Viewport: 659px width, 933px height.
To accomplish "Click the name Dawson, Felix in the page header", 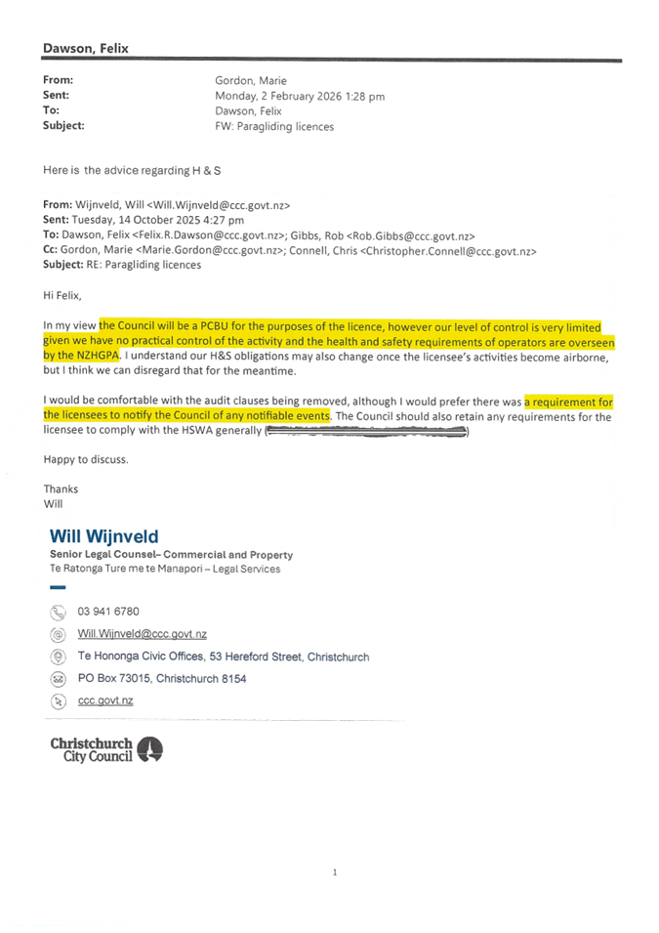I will pos(86,48).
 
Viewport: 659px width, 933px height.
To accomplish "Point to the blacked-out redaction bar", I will pos(365,431).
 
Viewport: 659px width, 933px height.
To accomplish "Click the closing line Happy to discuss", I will pos(86,458).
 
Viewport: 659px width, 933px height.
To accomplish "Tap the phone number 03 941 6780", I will pos(108,612).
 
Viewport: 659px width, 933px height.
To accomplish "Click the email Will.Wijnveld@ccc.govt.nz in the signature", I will pos(143,634).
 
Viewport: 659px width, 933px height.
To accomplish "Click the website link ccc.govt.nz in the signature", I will pos(105,700).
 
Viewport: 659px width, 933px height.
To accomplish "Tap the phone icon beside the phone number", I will pos(58,613).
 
